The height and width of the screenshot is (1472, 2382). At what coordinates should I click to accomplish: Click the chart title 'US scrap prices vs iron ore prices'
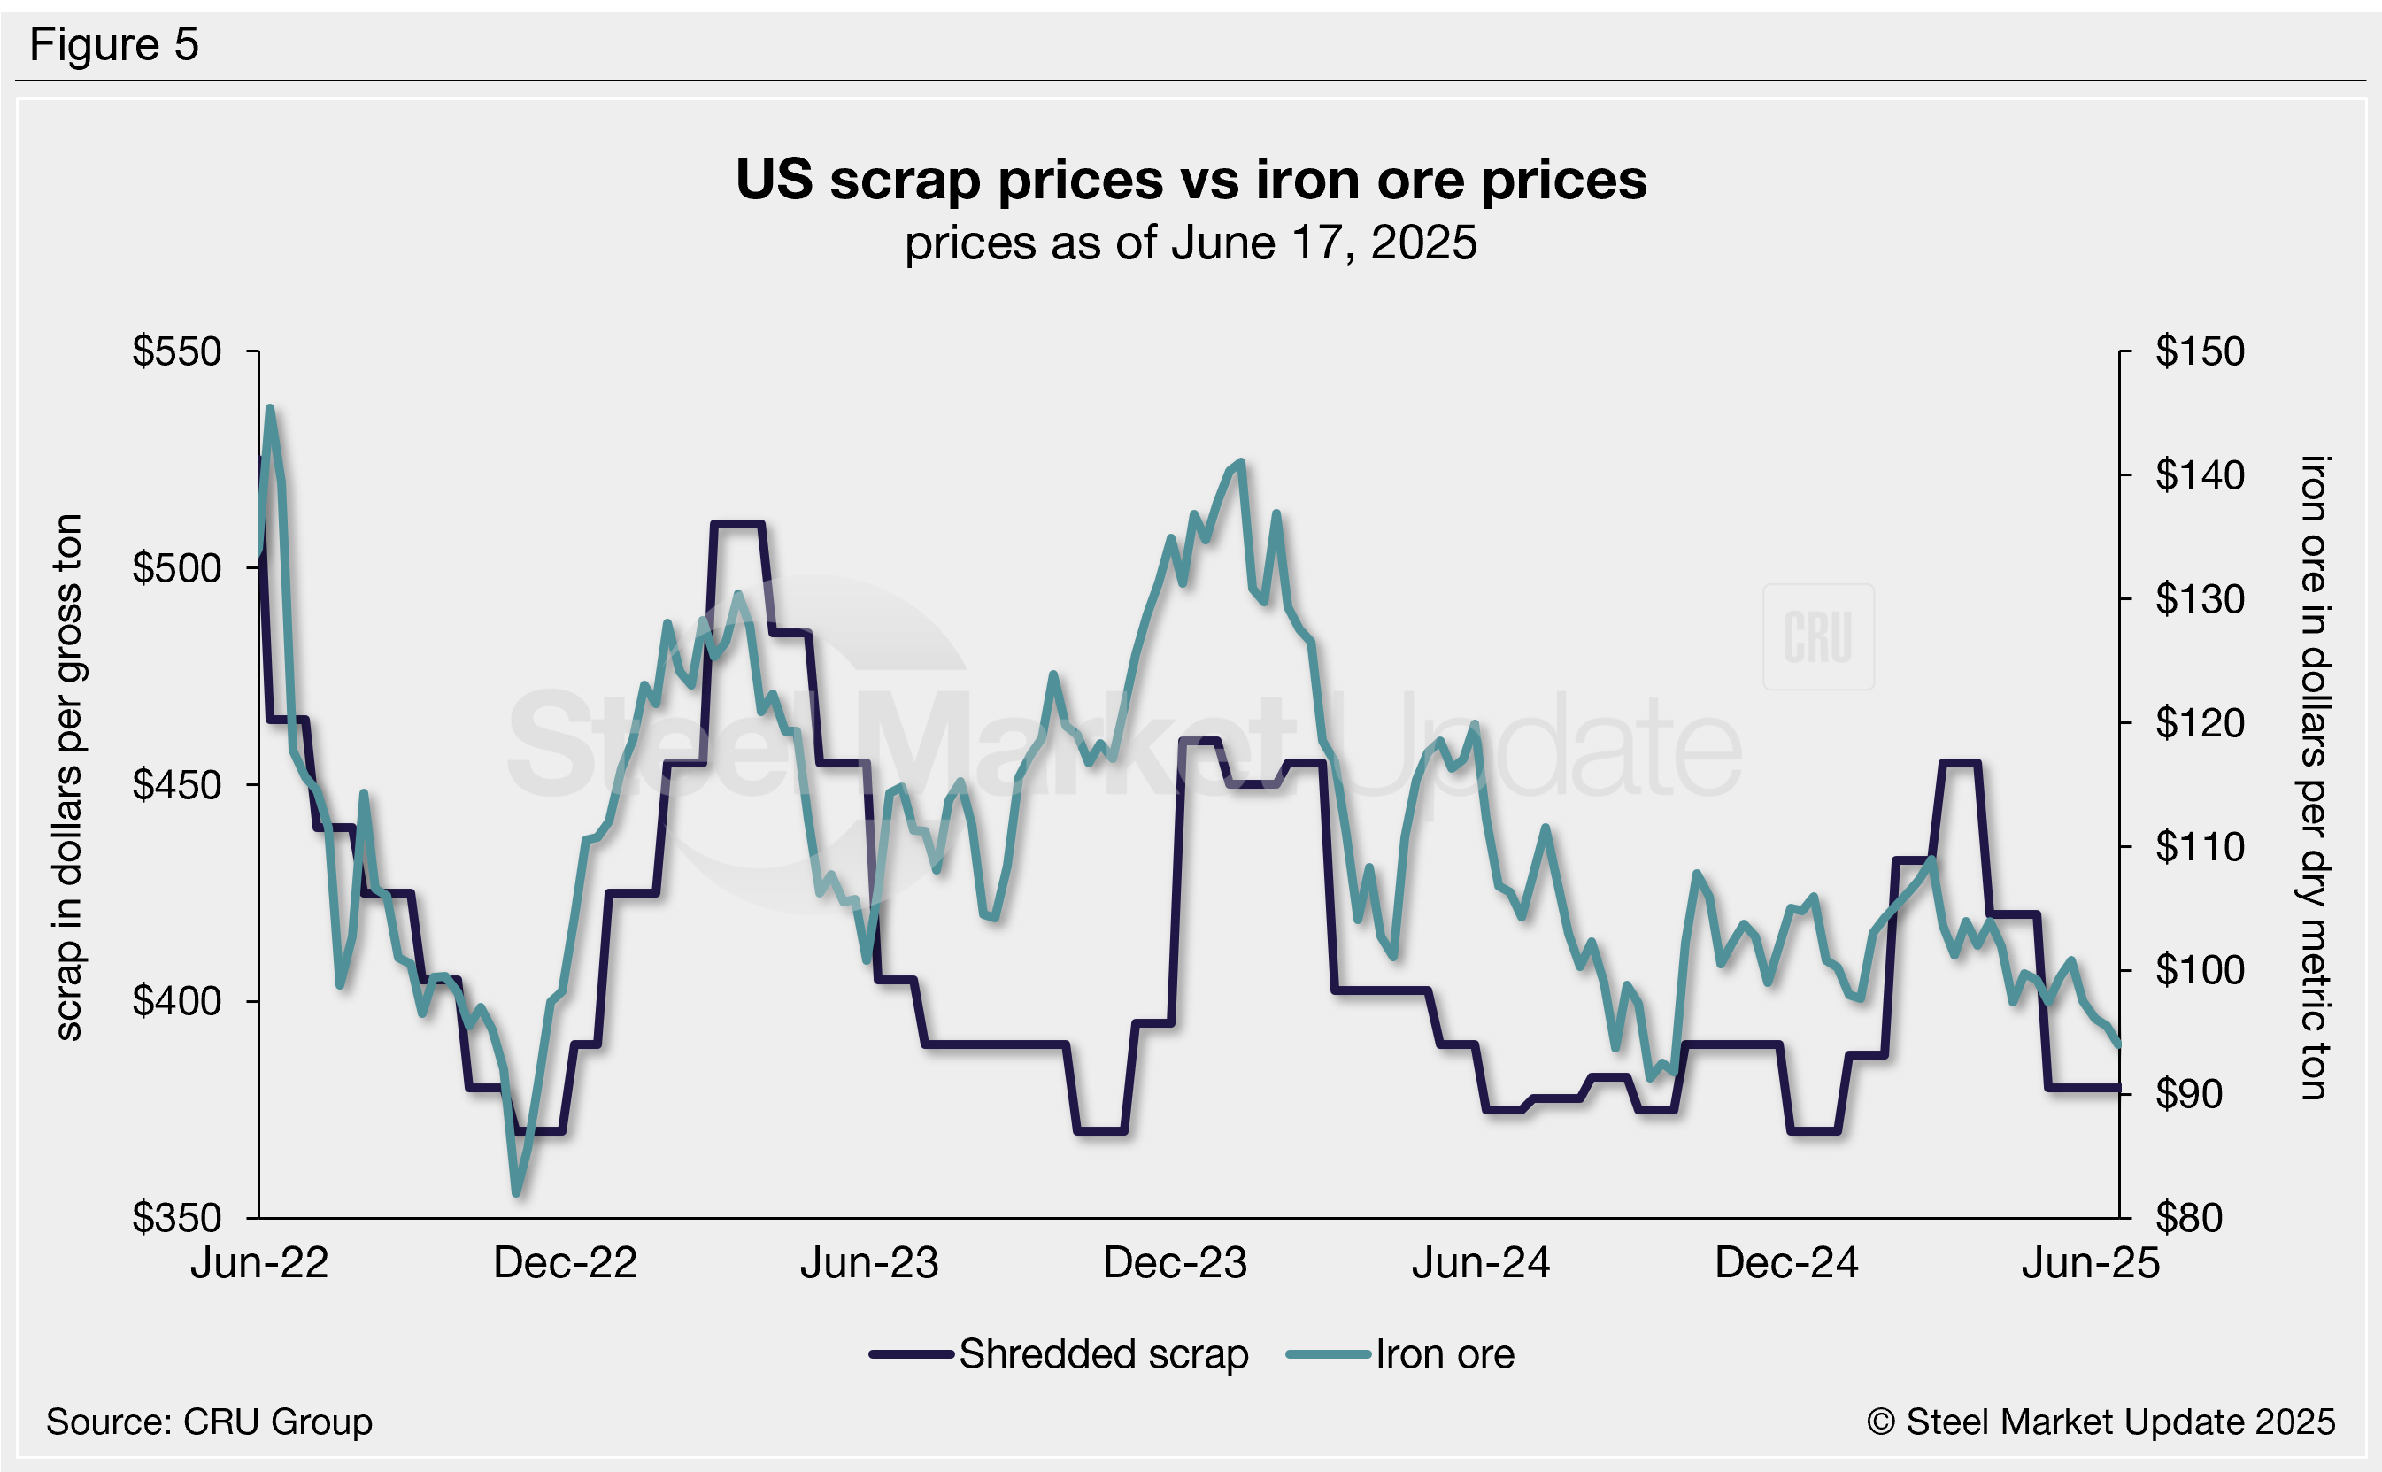coord(1191,180)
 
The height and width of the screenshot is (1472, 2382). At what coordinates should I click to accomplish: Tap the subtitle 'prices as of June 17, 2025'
coord(1191,243)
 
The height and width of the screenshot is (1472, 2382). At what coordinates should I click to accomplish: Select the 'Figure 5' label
coord(114,45)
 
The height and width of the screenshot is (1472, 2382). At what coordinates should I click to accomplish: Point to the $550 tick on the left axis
coord(177,351)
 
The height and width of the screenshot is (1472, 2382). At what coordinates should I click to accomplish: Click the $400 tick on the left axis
coord(177,1001)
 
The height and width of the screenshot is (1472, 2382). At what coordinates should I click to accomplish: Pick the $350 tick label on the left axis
coord(177,1218)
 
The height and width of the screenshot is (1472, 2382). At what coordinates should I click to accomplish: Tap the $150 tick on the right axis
coord(2199,351)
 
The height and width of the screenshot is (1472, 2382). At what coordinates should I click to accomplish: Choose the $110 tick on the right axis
coord(2199,847)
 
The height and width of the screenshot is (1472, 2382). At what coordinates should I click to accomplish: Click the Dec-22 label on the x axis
coord(565,1264)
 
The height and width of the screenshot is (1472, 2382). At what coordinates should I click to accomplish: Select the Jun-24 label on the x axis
coord(1481,1264)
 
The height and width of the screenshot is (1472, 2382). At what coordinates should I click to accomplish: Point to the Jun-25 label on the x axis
coord(2090,1264)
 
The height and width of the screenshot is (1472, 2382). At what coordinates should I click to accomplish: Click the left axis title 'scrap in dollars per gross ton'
coord(68,777)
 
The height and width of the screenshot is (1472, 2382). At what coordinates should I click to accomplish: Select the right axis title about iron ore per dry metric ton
coord(2314,777)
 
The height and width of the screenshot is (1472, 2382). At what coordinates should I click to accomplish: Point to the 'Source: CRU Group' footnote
coord(209,1422)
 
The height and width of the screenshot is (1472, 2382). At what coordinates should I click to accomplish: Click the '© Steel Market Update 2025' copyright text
coord(2101,1422)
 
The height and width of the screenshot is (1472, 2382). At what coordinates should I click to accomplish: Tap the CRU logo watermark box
coord(1817,636)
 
